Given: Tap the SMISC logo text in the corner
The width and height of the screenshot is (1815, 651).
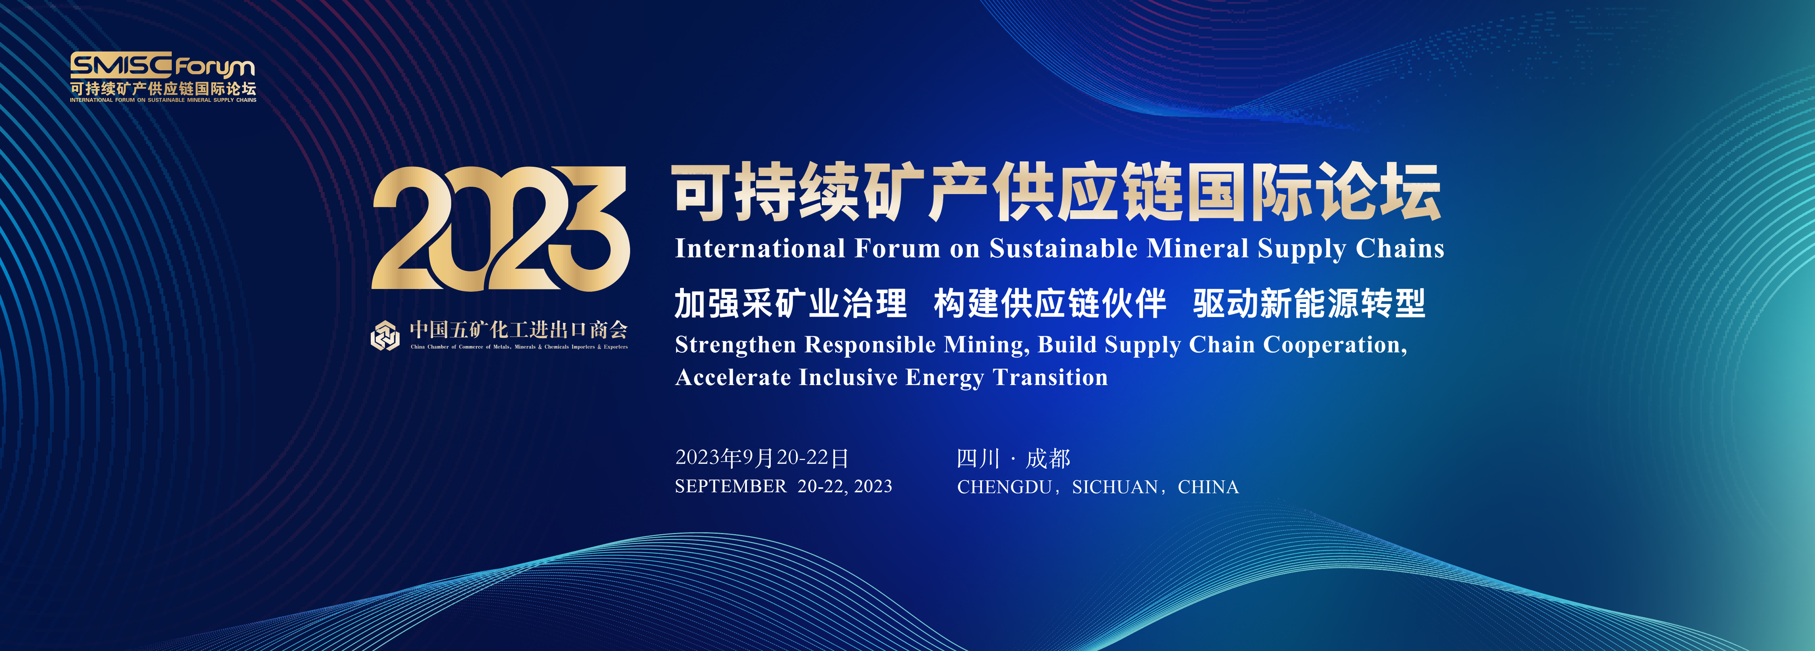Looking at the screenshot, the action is tap(121, 65).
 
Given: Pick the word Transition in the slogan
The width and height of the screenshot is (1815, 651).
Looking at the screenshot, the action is tap(1050, 378).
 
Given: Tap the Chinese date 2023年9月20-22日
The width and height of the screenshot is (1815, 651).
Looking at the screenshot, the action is tap(762, 458).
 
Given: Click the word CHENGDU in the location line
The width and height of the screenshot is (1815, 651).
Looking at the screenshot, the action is tap(1004, 487).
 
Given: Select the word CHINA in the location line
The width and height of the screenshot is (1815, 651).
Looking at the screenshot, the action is tap(1208, 487).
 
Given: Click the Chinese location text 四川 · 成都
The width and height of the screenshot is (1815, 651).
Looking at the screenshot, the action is tap(1013, 459).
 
